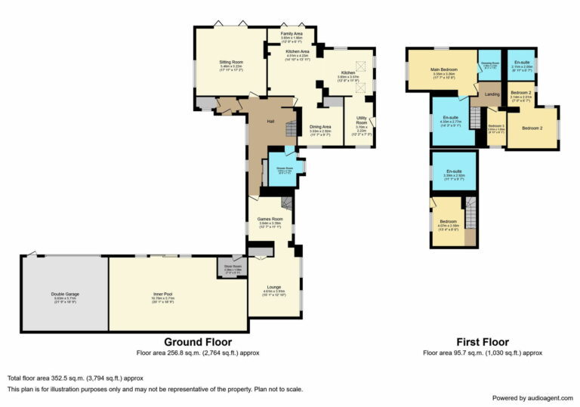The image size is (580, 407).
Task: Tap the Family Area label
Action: click(x=292, y=34)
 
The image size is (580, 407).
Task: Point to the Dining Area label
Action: click(x=321, y=127)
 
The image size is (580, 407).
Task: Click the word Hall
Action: click(x=270, y=121)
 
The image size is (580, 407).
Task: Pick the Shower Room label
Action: click(x=285, y=167)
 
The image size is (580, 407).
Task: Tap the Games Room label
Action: click(x=270, y=219)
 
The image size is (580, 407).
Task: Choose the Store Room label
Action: click(x=232, y=266)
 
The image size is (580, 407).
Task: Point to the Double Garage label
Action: click(x=66, y=294)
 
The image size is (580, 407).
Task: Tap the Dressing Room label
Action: click(x=489, y=63)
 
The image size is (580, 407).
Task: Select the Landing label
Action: click(x=492, y=94)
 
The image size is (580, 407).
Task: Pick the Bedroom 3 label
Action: click(x=495, y=125)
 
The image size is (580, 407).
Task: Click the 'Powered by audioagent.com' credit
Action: click(x=532, y=398)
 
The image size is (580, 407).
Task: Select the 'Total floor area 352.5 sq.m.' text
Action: click(x=75, y=378)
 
